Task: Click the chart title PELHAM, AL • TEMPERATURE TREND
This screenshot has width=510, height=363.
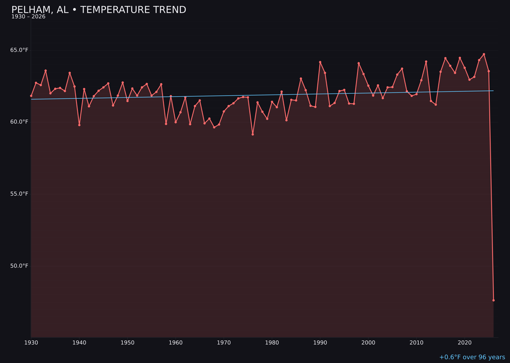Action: [x=99, y=10]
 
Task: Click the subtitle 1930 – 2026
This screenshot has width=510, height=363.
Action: [x=28, y=17]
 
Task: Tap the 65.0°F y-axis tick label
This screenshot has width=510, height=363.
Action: [x=19, y=50]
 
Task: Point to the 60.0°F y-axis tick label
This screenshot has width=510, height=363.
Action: [x=19, y=122]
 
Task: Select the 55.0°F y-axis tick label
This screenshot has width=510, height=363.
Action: [x=19, y=194]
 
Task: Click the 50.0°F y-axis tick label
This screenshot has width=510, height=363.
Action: [x=19, y=266]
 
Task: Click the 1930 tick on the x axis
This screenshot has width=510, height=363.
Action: [x=31, y=343]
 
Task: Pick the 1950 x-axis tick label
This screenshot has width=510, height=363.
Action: [x=127, y=343]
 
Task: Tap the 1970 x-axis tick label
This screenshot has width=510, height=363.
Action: [x=224, y=343]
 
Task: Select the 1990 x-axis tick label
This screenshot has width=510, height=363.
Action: [x=320, y=343]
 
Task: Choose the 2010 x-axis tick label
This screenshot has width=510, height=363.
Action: [x=416, y=343]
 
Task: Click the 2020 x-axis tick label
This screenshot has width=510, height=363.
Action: [x=465, y=343]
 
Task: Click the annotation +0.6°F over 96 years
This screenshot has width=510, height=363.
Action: [x=472, y=357]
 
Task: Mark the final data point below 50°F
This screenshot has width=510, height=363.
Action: [x=493, y=300]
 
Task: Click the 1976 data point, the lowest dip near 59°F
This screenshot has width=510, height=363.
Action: [x=253, y=134]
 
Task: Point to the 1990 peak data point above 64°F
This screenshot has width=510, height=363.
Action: [x=320, y=62]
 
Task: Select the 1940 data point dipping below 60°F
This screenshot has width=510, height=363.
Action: [x=79, y=125]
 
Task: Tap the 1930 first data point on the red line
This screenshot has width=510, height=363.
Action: [x=31, y=96]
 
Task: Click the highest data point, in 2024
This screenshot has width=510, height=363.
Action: [x=484, y=54]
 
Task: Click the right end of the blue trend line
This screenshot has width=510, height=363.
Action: [x=493, y=91]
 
